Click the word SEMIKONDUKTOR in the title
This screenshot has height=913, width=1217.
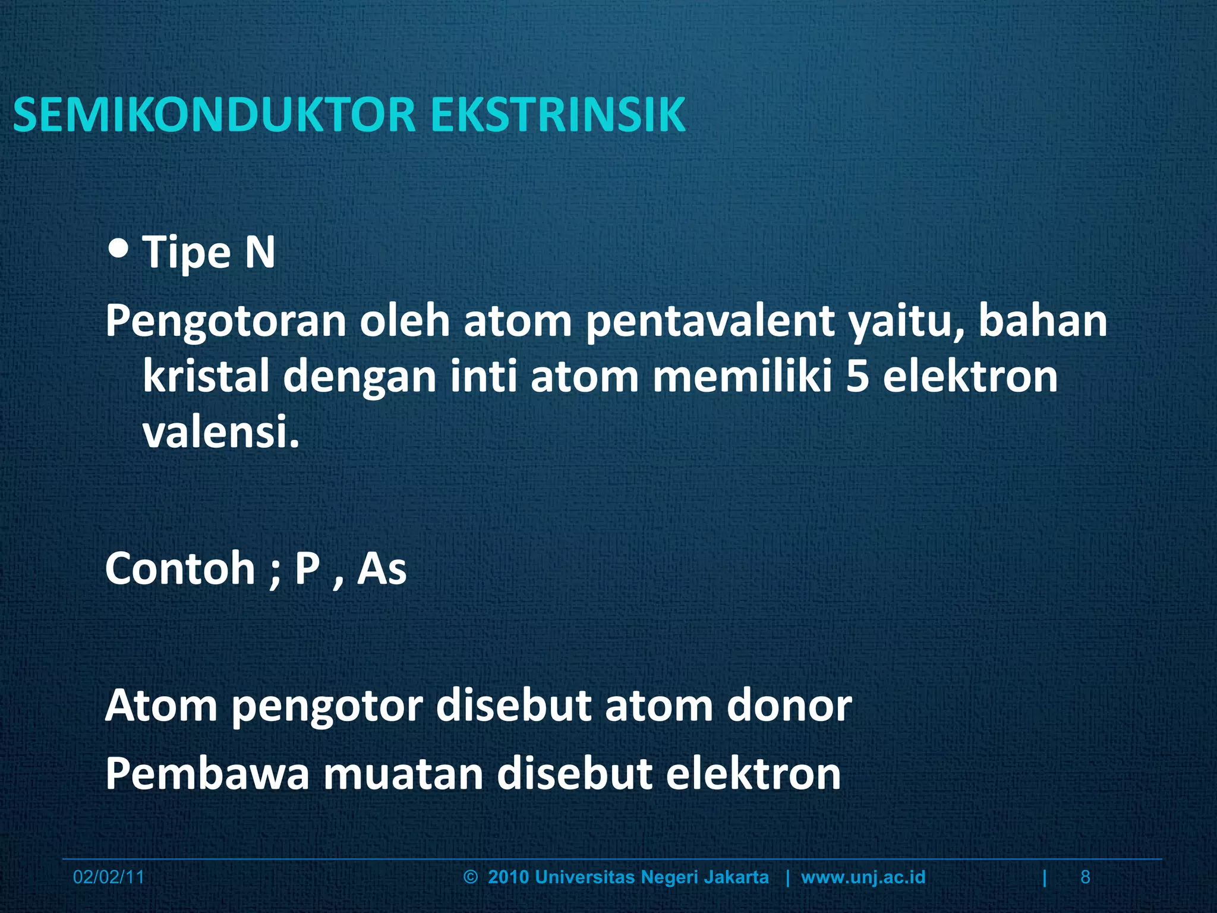tap(214, 114)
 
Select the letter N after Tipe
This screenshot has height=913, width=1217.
tap(260, 252)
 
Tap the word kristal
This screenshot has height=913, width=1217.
tap(206, 377)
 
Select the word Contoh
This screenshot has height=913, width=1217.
tap(180, 569)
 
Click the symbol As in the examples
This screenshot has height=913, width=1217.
tap(382, 569)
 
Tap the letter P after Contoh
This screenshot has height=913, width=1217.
tap(307, 569)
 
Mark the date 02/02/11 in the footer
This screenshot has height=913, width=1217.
tap(109, 877)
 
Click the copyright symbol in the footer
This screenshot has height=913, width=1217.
tap(470, 877)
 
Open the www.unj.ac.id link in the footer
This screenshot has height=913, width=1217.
tap(863, 877)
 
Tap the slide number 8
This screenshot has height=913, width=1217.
tap(1085, 877)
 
